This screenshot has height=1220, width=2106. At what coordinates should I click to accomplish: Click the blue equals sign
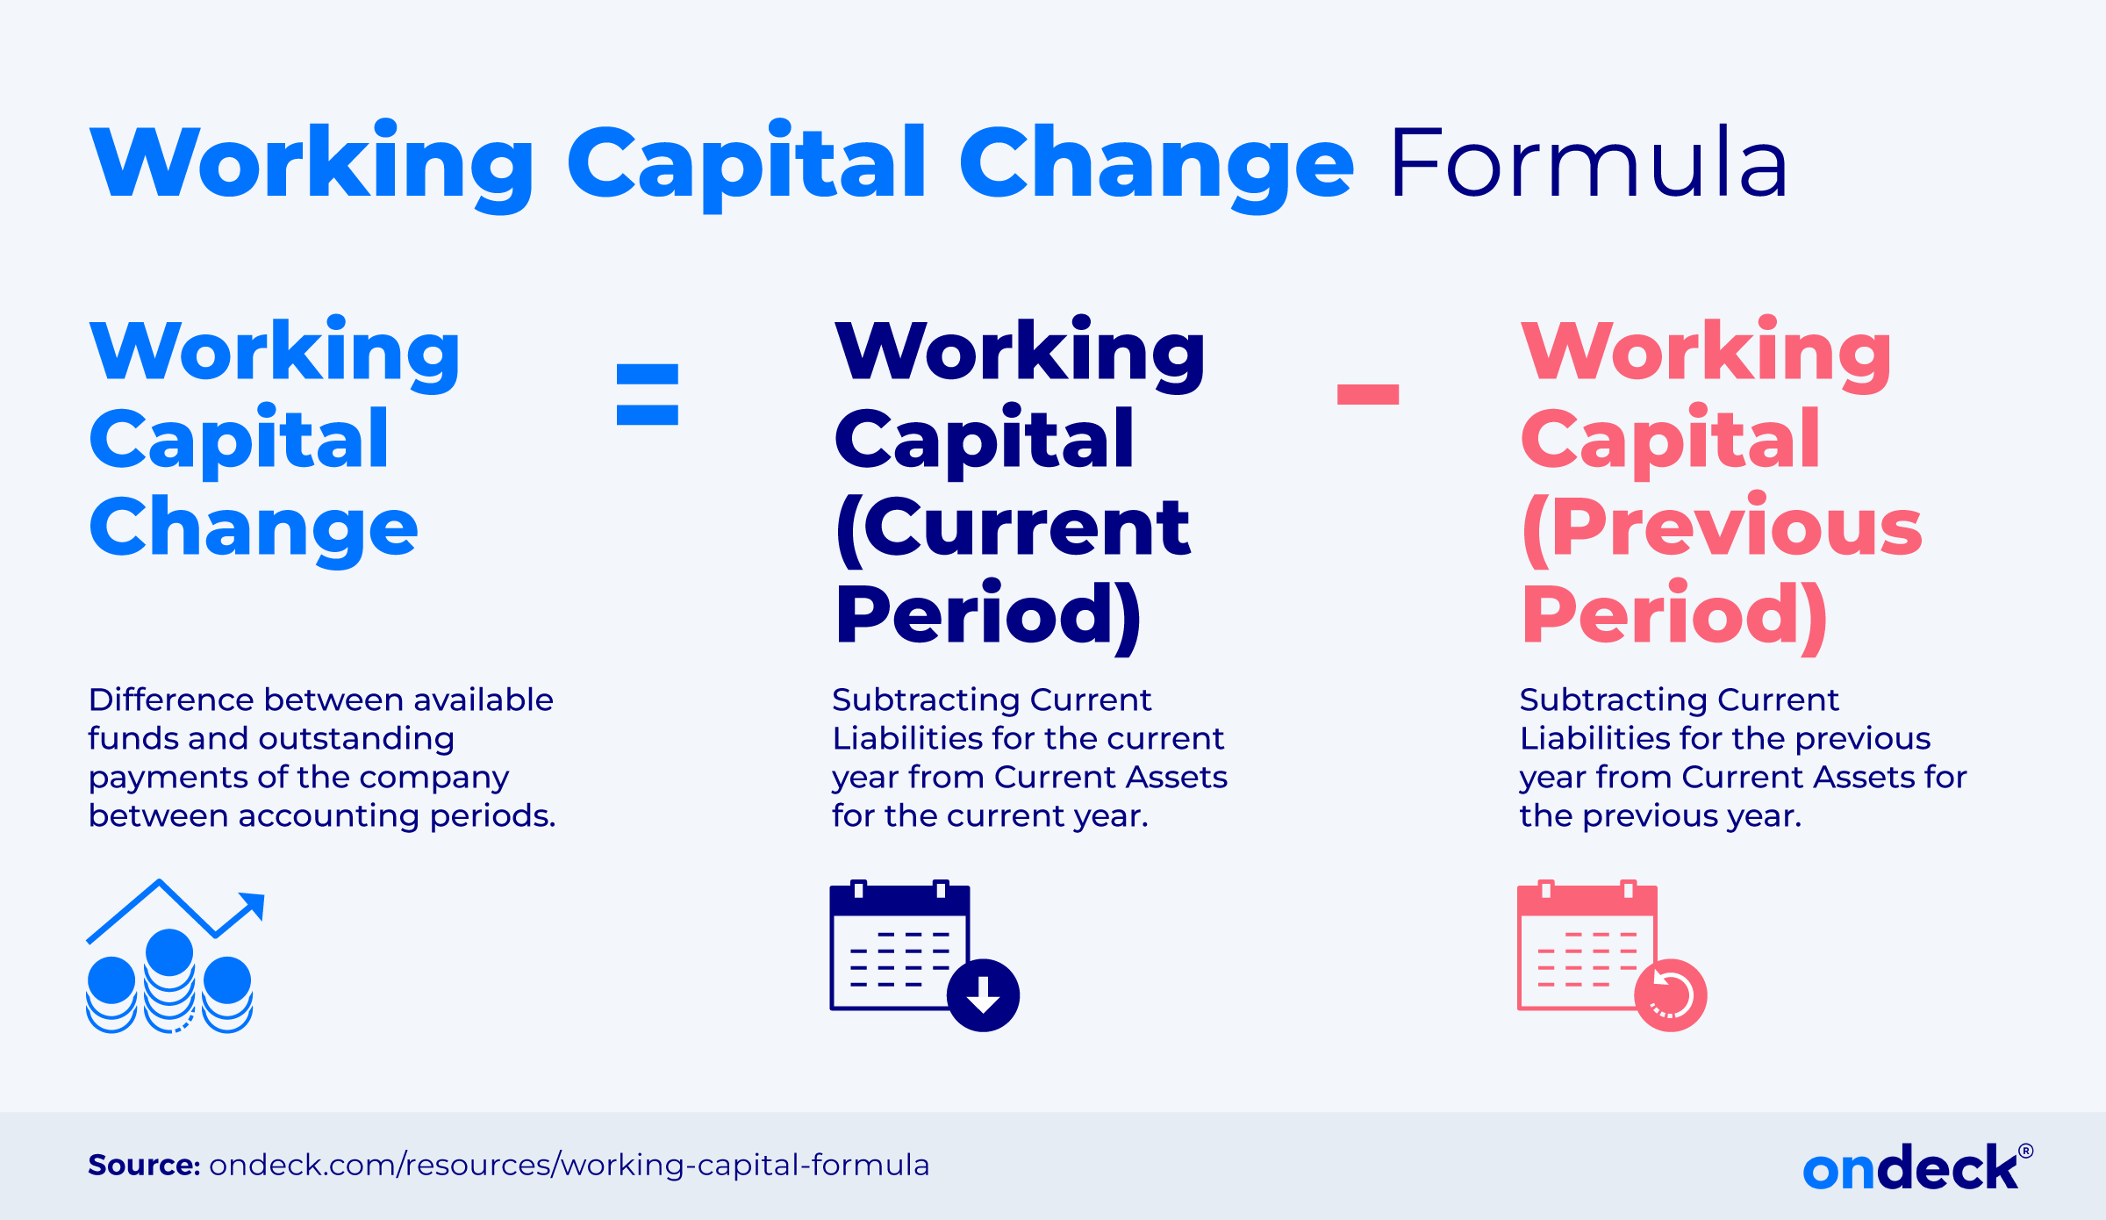pos(648,395)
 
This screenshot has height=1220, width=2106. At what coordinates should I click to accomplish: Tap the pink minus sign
pos(1368,394)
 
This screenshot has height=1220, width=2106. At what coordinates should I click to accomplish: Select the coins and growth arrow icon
pos(175,956)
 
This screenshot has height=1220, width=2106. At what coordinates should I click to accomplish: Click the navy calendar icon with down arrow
pos(924,956)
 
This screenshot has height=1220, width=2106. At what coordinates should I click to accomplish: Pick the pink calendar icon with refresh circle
pos(1612,956)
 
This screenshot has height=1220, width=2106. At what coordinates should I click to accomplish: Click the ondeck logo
pos(1917,1167)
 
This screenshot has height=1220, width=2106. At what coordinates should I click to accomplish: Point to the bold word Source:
pos(144,1165)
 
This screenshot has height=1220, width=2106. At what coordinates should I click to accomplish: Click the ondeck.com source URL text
pos(569,1165)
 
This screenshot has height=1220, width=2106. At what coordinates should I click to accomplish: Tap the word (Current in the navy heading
pos(1013,527)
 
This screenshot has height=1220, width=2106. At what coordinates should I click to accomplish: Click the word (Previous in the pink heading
pos(1722,527)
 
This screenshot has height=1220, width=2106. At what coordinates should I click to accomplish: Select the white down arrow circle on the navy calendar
pos(984,995)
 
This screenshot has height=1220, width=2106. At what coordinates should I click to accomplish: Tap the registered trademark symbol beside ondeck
pos(2025,1151)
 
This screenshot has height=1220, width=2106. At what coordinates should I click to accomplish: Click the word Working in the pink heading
pos(1706,351)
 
